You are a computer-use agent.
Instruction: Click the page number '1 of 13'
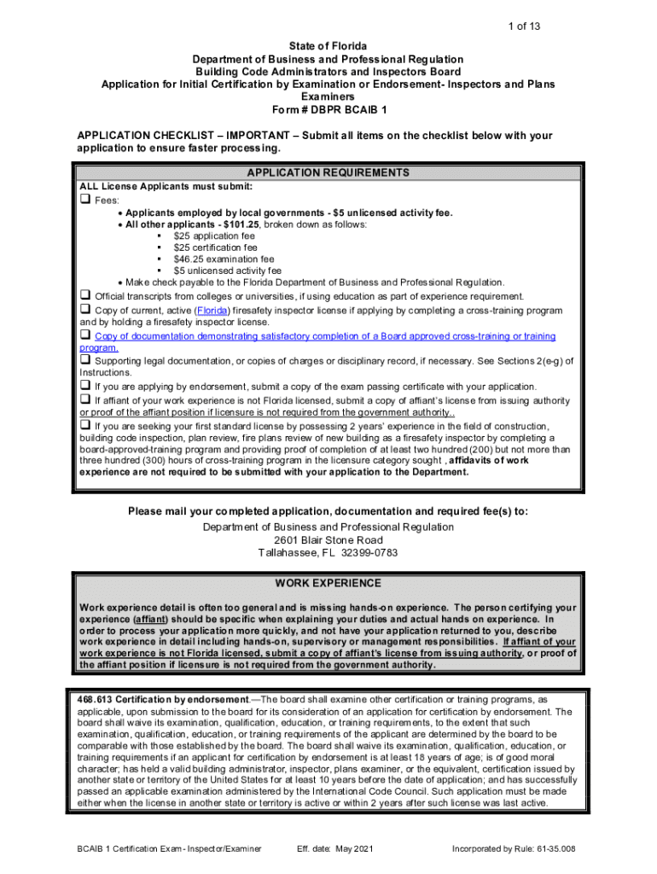522,27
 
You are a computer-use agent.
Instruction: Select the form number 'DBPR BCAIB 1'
346,110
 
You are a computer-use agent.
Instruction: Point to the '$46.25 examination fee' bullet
224,259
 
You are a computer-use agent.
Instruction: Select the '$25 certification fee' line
215,248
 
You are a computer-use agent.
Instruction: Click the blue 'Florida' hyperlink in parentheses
212,310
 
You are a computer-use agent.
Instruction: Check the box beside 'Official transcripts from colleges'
85,295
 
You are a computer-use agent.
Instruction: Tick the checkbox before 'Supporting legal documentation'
85,360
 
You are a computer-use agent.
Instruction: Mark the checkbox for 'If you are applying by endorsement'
85,385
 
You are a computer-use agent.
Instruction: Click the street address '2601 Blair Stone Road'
328,540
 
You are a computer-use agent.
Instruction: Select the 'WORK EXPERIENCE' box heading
328,584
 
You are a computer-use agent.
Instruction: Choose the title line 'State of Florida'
328,45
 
